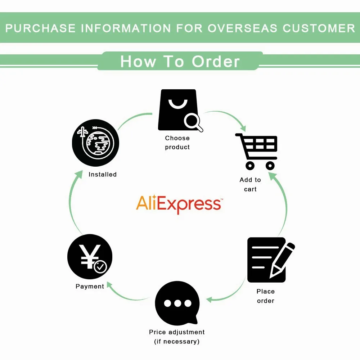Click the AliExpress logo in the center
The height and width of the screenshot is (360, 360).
pyautogui.click(x=179, y=204)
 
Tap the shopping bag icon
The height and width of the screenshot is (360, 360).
pyautogui.click(x=177, y=110)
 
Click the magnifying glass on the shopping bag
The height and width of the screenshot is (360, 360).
pyautogui.click(x=193, y=122)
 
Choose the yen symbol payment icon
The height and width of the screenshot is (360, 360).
pyautogui.click(x=90, y=257)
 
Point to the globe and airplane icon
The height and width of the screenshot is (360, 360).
pyautogui.click(x=95, y=143)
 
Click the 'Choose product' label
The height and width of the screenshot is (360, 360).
pyautogui.click(x=177, y=143)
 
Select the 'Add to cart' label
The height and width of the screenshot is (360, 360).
pyautogui.click(x=250, y=184)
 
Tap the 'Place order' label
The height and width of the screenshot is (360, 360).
pyautogui.click(x=266, y=296)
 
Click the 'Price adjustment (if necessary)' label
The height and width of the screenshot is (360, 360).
pyautogui.click(x=177, y=337)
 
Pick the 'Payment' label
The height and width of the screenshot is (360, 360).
pyautogui.click(x=90, y=287)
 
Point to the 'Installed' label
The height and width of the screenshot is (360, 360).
pyautogui.click(x=103, y=175)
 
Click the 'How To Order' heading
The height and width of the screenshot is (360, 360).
pyautogui.click(x=180, y=61)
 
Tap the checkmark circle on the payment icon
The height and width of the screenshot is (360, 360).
pyautogui.click(x=100, y=267)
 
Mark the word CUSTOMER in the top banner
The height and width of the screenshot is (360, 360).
pyautogui.click(x=319, y=28)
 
